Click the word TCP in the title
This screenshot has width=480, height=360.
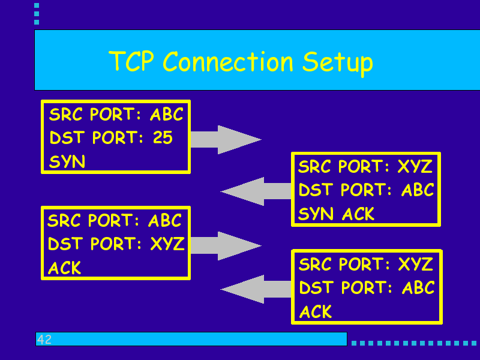coord(131,61)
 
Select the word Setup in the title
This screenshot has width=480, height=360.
coord(338,64)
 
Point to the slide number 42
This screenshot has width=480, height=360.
coord(44,339)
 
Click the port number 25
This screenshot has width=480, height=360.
coord(163,137)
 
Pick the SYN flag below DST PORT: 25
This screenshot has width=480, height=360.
coord(67,161)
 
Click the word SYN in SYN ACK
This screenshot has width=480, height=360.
coord(316,214)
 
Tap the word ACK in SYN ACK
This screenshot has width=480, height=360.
coord(358,214)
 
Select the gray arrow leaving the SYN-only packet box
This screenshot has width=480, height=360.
coord(226,140)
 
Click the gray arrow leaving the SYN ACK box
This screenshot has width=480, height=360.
coord(256,191)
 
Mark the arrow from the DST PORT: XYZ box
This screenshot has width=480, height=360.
coord(226,246)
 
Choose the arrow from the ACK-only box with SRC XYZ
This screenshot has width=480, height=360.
coord(256,289)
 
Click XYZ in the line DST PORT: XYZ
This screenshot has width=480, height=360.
coord(167,244)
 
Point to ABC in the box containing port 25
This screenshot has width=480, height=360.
coord(167,114)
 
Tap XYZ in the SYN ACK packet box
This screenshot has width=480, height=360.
coord(415,167)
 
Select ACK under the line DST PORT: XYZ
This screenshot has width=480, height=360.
coord(65,268)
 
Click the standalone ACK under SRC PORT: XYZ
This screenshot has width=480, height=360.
coord(316,311)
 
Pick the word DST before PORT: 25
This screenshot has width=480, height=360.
coord(67,137)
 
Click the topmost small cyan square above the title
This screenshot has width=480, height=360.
coord(37,5)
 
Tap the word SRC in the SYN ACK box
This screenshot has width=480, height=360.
coord(314,167)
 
